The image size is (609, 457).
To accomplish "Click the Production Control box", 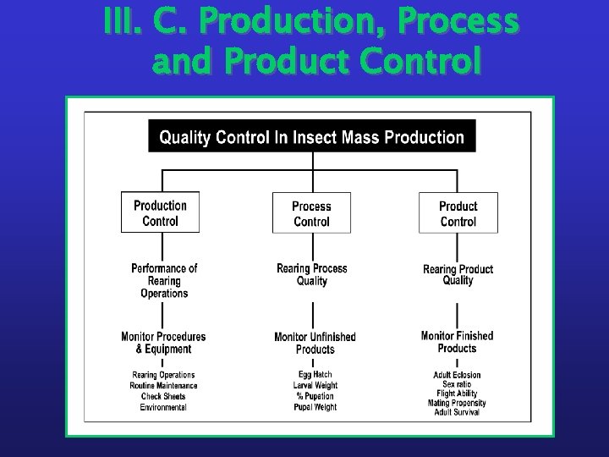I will point(160,212).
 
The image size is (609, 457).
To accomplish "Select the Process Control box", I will point(311,213).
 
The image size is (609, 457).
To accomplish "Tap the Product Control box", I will point(458,213).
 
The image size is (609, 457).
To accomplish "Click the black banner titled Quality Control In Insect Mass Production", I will point(312,137).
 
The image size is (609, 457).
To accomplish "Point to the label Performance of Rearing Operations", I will point(164,280).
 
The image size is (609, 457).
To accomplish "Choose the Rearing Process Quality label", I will point(312,274).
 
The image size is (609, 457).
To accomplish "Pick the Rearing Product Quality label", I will point(458,275).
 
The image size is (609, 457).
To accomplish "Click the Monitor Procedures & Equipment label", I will point(163,343).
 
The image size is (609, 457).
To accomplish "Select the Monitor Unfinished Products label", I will point(315,343).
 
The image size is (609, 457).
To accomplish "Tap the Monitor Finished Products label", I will point(457,342).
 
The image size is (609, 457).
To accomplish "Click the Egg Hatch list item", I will point(315,374).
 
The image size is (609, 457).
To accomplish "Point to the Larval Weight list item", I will point(315,385).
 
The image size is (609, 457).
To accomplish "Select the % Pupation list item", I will point(315,396).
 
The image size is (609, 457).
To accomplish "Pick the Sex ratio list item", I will point(457,384).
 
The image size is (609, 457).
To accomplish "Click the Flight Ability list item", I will point(457,394).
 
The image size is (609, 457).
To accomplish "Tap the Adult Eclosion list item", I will point(457,375).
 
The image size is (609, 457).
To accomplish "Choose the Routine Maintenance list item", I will point(163,386).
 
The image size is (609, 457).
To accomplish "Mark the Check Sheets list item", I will point(163,396).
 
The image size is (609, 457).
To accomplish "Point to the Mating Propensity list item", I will point(457,403).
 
